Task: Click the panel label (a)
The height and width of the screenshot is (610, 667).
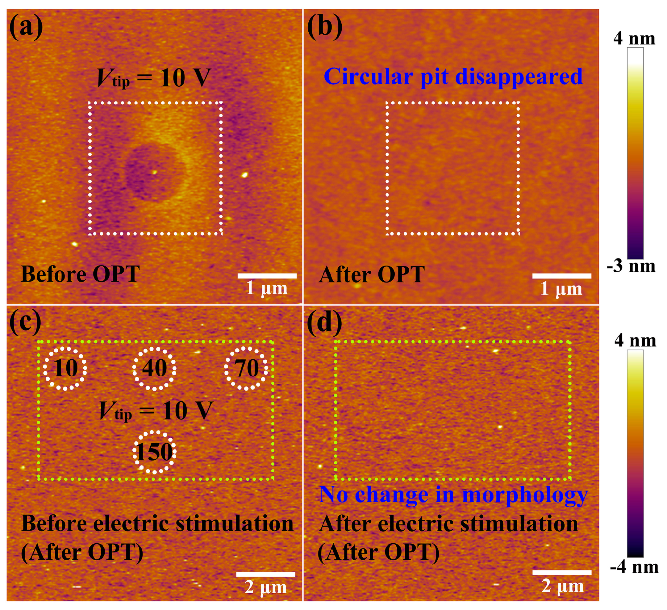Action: pyautogui.click(x=26, y=27)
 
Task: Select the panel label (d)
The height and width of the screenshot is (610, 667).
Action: pyautogui.click(x=324, y=322)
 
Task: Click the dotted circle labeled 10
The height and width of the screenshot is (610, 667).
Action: pyautogui.click(x=65, y=368)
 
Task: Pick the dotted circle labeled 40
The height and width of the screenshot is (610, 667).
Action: pyautogui.click(x=154, y=368)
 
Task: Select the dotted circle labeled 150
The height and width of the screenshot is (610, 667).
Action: pyautogui.click(x=154, y=452)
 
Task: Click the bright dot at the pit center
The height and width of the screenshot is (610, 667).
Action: pyautogui.click(x=155, y=172)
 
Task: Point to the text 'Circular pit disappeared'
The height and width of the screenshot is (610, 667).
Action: pyautogui.click(x=453, y=77)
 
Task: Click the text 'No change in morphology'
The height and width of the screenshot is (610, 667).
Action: pyautogui.click(x=453, y=495)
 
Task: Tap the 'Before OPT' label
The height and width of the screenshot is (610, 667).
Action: pyautogui.click(x=80, y=274)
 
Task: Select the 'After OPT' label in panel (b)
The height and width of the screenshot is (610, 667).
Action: pyautogui.click(x=371, y=274)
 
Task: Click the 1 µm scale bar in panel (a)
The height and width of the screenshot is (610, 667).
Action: pyautogui.click(x=267, y=276)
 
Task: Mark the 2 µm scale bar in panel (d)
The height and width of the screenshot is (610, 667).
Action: pyautogui.click(x=562, y=572)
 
